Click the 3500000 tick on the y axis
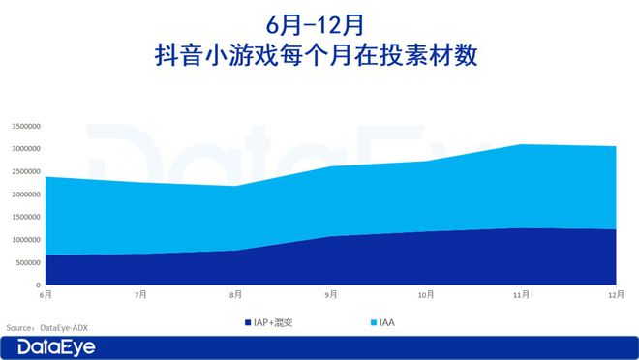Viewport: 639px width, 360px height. tap(25, 126)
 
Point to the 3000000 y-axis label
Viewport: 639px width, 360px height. tap(25, 149)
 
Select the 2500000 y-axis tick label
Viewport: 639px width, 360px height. tap(25, 171)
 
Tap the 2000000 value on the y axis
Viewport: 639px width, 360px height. tap(25, 195)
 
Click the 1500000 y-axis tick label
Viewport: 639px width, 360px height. tap(25, 217)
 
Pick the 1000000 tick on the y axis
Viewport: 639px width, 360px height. tap(25, 240)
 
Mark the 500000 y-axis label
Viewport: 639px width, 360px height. tap(27, 262)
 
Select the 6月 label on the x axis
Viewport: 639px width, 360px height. tap(46, 293)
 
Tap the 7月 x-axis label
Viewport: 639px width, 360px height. tap(141, 293)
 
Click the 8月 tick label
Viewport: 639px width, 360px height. tap(236, 293)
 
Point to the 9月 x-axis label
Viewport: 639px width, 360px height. tap(331, 293)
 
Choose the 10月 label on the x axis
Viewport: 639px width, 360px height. tap(426, 293)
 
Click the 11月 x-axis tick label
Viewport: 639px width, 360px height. tap(521, 293)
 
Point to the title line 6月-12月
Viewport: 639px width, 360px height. tap(319, 22)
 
